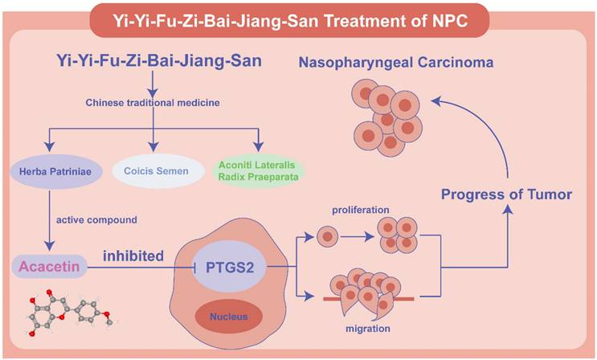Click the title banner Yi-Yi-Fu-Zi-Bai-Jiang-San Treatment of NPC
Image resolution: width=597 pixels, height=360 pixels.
click(x=299, y=17)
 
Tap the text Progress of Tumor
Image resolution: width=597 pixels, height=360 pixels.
click(x=505, y=195)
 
